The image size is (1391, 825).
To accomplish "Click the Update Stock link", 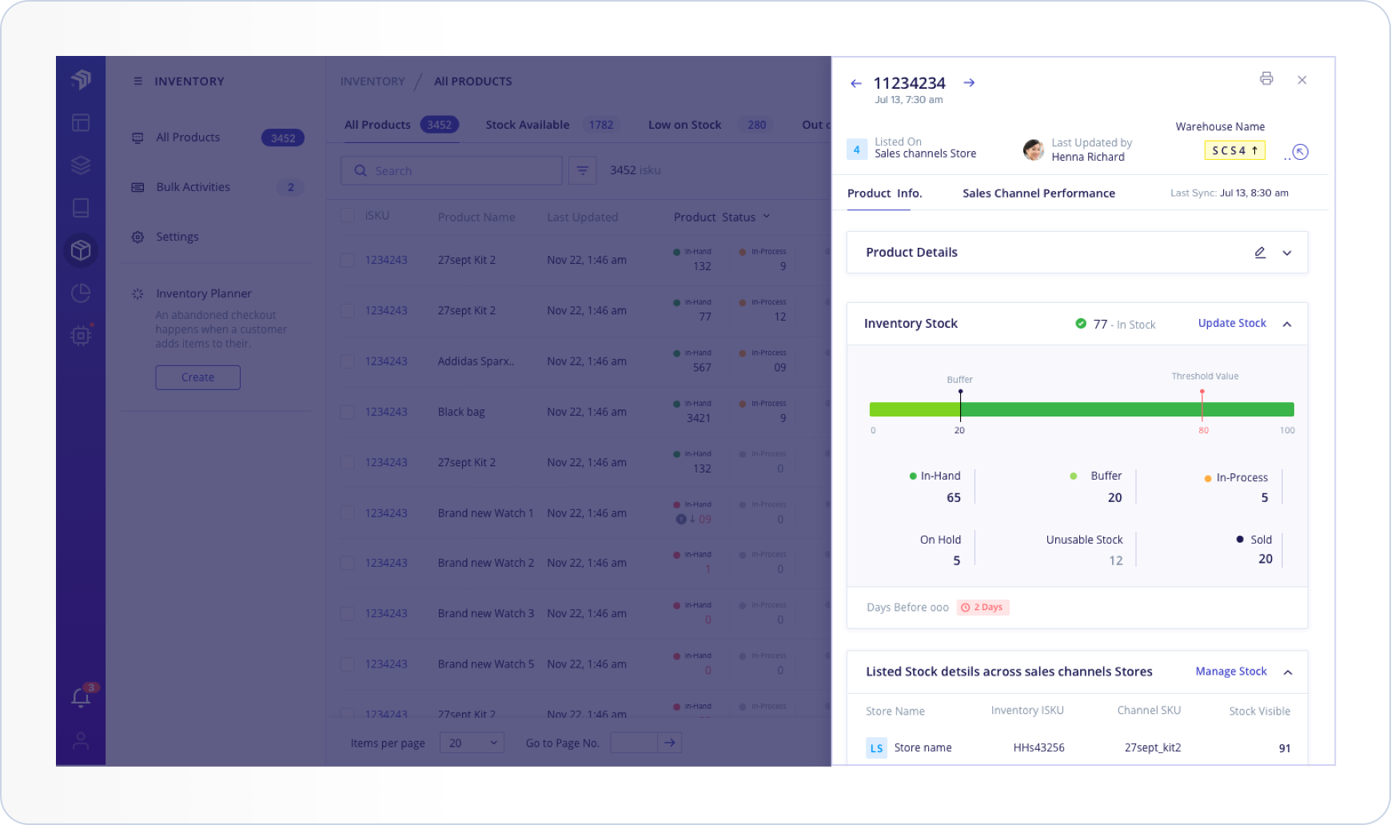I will pos(1231,323).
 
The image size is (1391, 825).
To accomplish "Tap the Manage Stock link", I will pos(1230,672).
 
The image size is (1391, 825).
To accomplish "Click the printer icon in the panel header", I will pos(1266,78).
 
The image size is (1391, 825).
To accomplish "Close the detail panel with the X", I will pos(1301,80).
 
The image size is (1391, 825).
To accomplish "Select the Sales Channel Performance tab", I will pos(1038,193).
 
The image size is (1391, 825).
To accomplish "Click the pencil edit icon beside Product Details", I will pos(1260,253).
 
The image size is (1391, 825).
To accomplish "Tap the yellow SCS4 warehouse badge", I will pos(1234,150).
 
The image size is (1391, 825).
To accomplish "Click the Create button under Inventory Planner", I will pos(197,377).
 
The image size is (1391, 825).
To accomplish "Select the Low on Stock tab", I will pos(684,125).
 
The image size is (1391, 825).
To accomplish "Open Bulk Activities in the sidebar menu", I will pos(193,187).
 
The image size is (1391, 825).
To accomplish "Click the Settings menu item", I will pos(177,237).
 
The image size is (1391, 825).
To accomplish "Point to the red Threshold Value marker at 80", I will pos(1202,393).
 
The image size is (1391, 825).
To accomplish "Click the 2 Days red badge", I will pos(983,608).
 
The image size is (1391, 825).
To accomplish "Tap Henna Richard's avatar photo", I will pos(1033,149).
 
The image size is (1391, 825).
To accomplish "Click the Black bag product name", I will pos(461,412).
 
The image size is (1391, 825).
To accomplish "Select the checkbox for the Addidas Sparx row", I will pos(347,361).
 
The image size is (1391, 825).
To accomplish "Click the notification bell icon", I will pos(81,698).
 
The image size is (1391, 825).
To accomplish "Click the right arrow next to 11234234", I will pos(969,83).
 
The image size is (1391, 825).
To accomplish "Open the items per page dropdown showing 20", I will pos(472,743).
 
